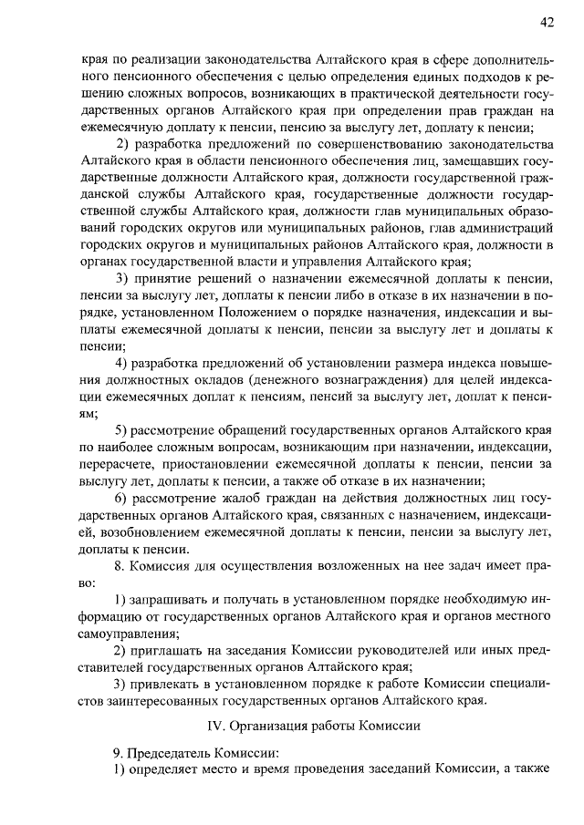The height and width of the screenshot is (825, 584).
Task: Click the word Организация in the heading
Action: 276,727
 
